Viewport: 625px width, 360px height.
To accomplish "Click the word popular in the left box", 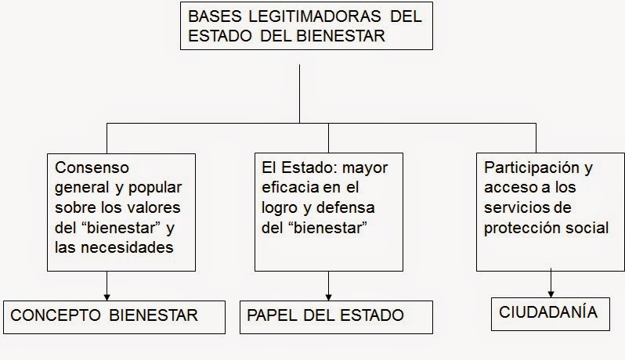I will (x=156, y=189).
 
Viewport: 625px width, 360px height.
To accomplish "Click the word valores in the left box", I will (x=154, y=209).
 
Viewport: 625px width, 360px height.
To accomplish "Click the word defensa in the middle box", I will (x=347, y=209).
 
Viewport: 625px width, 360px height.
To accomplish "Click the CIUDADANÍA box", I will (x=547, y=312).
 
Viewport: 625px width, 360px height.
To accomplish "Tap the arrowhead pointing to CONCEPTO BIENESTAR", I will (x=107, y=297).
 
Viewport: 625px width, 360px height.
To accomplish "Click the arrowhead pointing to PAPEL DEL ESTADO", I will (x=328, y=297).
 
